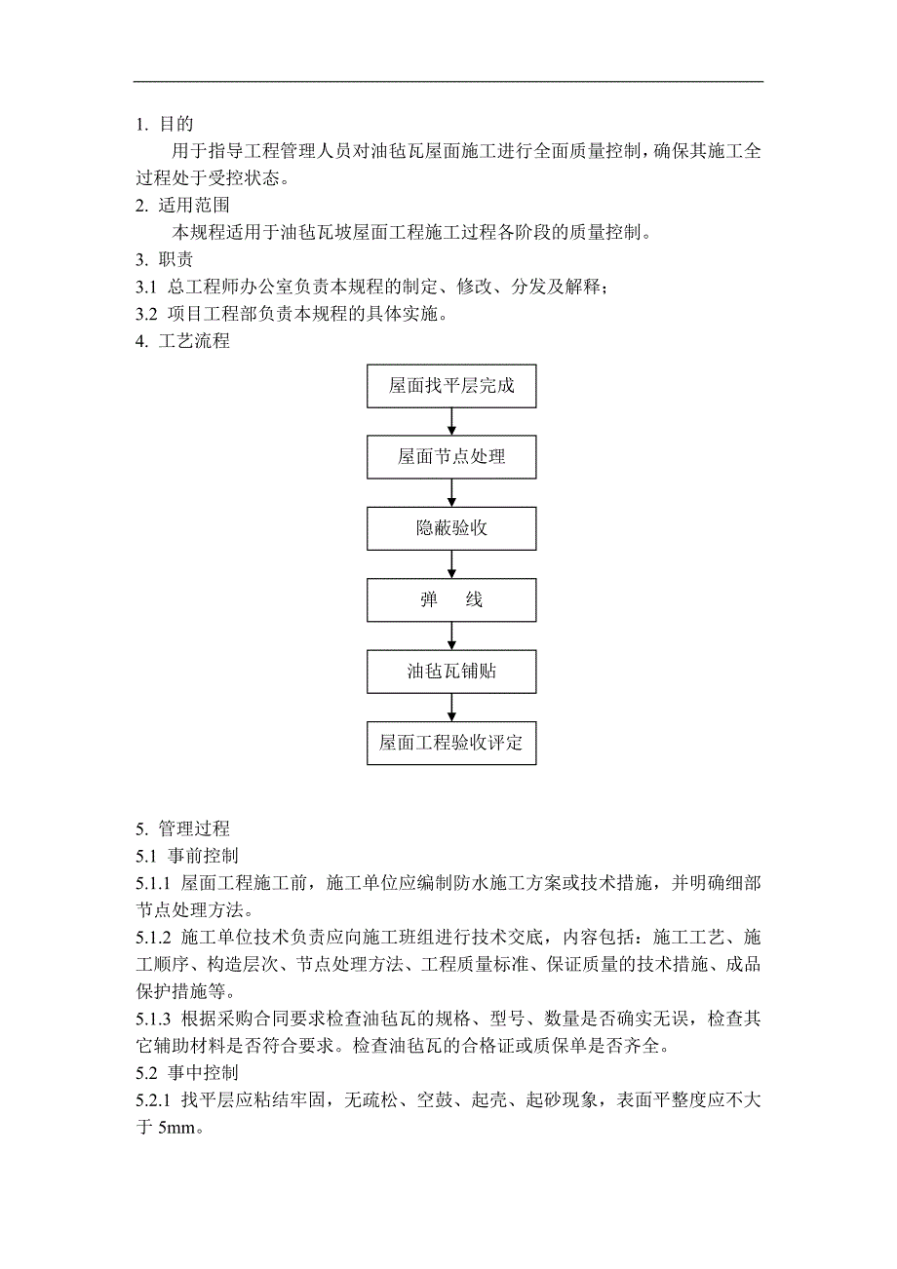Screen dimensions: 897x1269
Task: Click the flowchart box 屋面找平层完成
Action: point(451,386)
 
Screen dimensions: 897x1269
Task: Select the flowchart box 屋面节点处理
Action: point(451,457)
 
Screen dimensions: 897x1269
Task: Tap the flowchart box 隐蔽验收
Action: point(451,528)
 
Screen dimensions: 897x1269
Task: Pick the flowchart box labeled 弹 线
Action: point(451,599)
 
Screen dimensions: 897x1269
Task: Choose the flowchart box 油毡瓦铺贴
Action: point(451,672)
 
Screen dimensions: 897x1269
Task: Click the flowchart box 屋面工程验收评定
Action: point(451,743)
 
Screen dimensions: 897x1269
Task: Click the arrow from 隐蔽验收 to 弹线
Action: point(451,564)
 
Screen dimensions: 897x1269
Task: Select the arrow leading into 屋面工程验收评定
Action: point(451,707)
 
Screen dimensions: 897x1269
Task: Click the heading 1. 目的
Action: point(165,125)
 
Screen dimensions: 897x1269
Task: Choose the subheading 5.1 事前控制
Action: point(187,856)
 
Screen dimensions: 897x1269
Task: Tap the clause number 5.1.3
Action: point(154,1019)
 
